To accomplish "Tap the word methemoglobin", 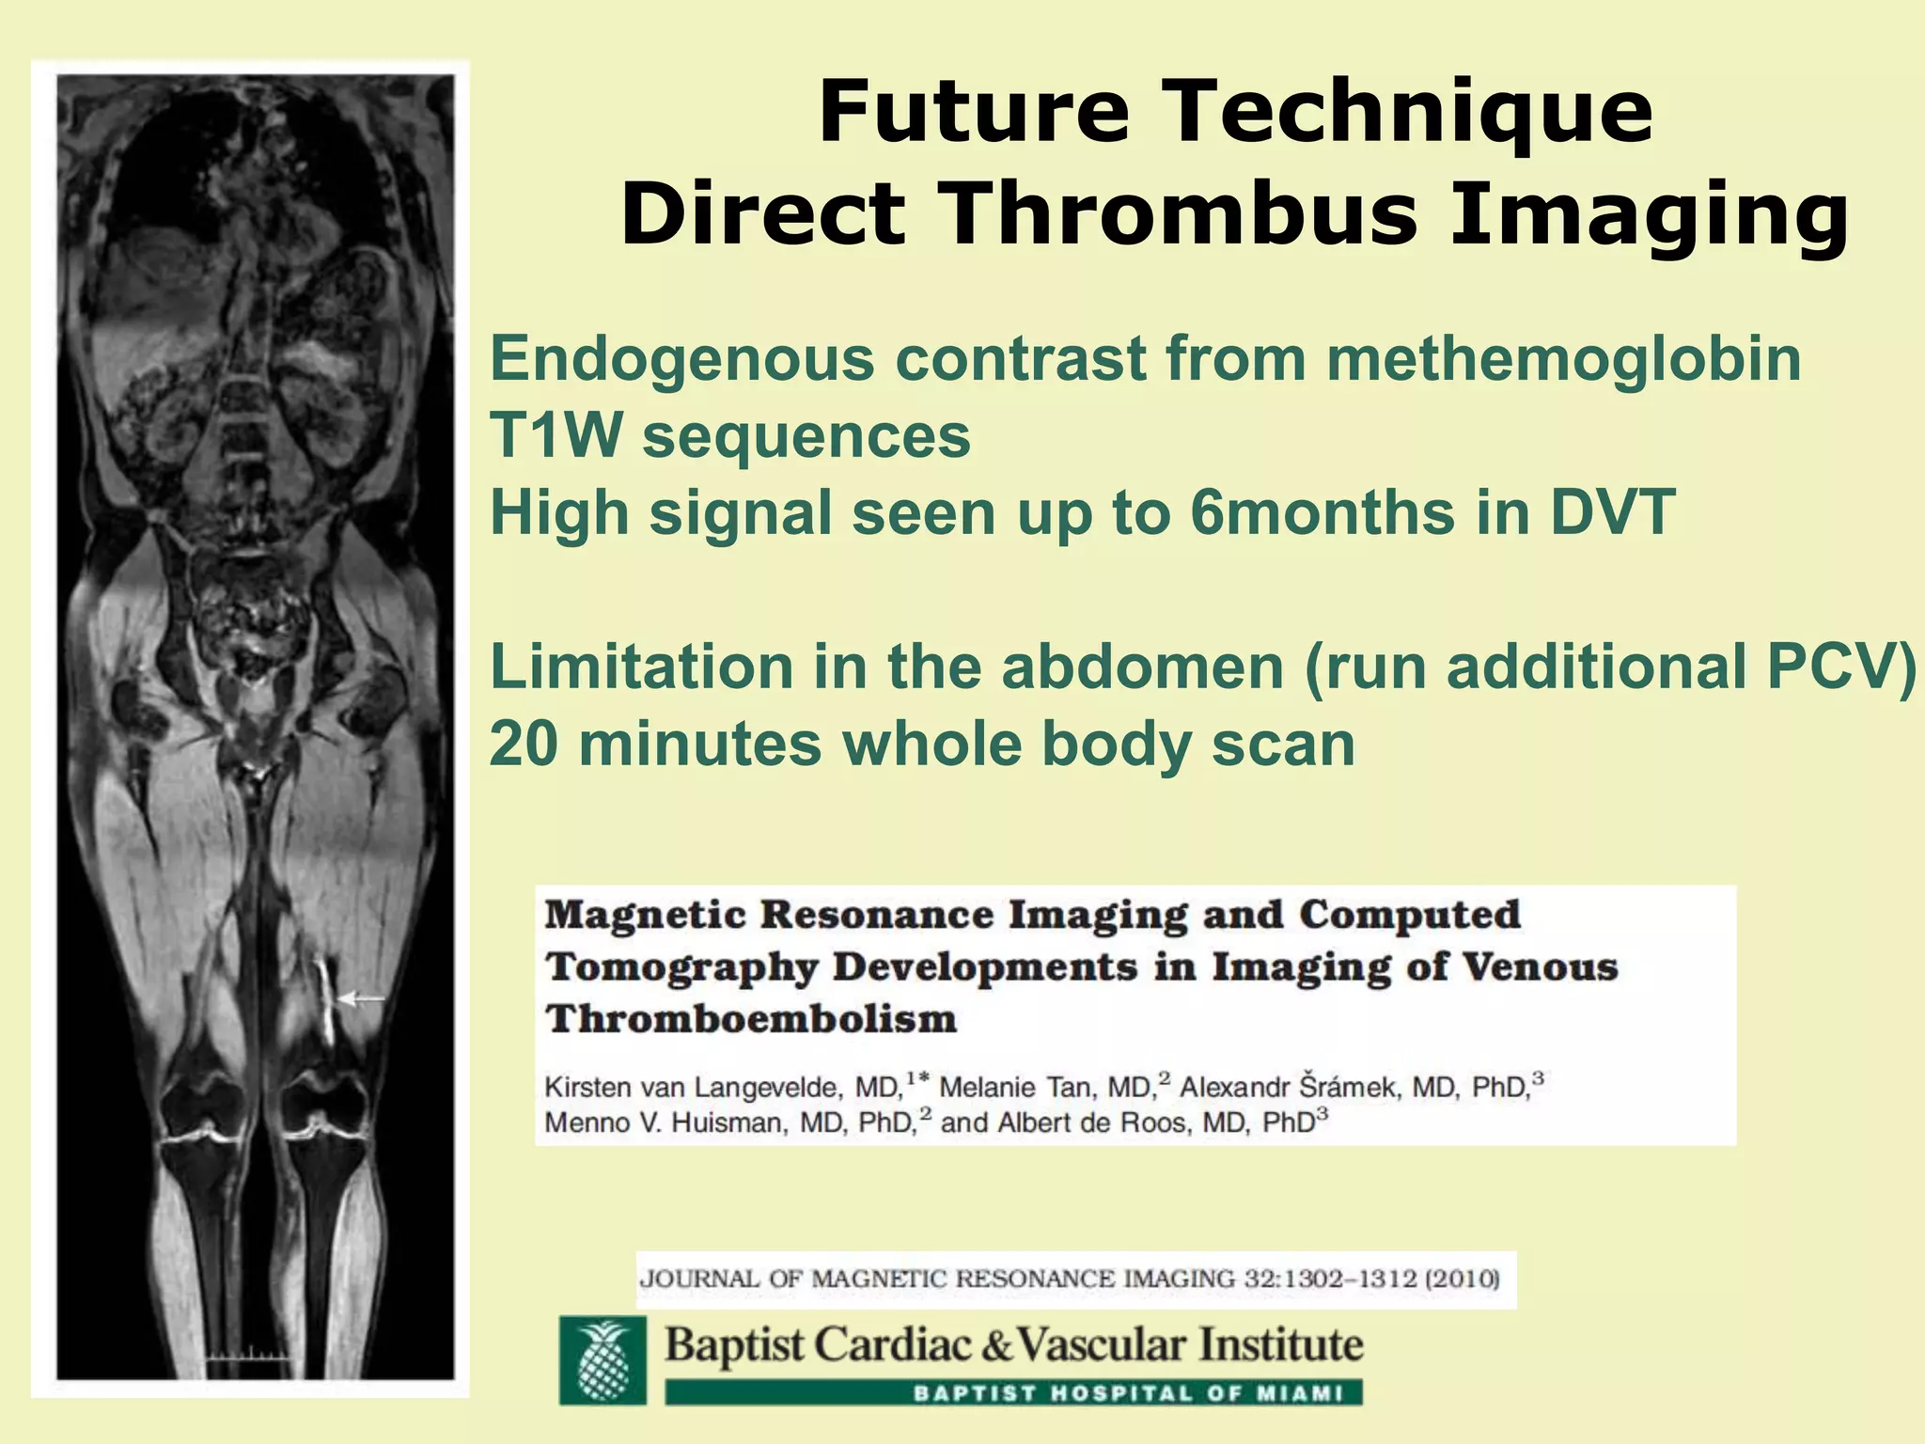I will coord(1563,359).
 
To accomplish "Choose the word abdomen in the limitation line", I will coord(1142,667).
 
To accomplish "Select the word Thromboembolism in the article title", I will coord(751,1019).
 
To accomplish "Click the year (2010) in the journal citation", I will coord(1463,1279).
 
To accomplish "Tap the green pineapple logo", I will coord(603,1359).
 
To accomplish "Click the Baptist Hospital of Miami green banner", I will coord(1013,1392).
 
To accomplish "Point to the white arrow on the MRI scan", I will coord(361,999).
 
